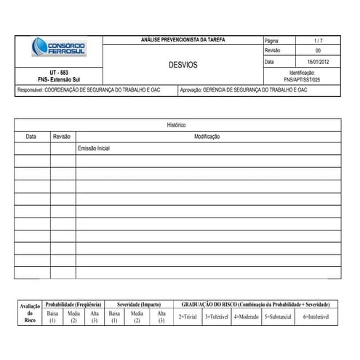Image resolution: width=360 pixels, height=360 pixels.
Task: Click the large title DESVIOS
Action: click(183, 65)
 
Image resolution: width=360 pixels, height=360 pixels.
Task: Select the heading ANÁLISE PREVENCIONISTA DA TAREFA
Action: click(183, 40)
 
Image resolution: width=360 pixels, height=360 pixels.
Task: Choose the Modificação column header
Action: click(207, 136)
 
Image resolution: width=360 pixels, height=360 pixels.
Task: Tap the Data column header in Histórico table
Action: click(31, 136)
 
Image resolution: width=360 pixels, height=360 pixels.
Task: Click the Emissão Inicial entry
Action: click(93, 148)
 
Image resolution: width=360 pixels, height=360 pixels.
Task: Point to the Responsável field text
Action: click(89, 90)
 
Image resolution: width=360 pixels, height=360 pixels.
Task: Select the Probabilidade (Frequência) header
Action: click(73, 303)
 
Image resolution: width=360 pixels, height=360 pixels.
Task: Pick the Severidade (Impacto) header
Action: click(138, 303)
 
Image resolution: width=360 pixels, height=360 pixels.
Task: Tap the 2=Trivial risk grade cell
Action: click(187, 317)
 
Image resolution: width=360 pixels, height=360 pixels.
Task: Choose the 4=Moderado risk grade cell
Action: click(246, 317)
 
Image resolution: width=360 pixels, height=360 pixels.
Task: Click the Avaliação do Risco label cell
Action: click(29, 313)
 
